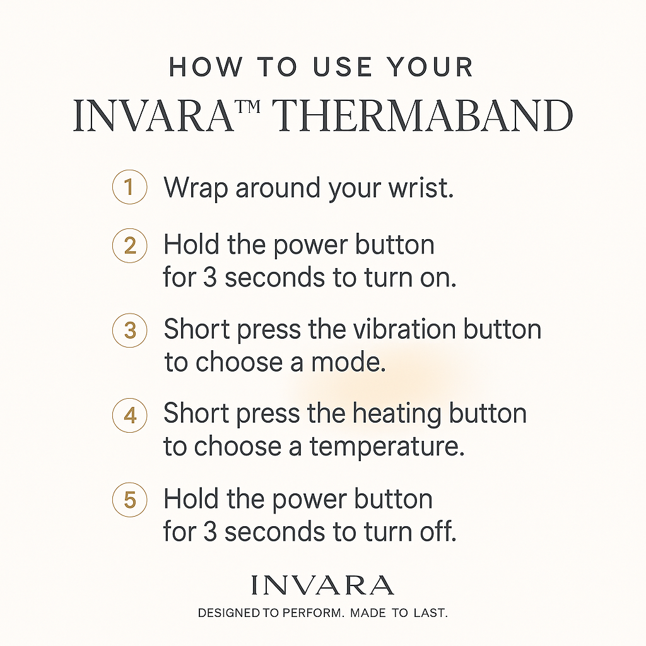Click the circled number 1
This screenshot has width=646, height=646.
tap(129, 187)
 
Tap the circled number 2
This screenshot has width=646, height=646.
tap(129, 245)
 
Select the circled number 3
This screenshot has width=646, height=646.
tap(129, 329)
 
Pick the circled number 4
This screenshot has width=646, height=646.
tap(129, 414)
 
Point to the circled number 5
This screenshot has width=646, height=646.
tap(129, 500)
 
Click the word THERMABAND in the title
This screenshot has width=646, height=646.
tap(425, 117)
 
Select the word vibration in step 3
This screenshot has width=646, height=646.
tap(389, 329)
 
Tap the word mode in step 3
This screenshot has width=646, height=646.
tap(353, 363)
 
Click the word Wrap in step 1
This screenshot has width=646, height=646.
tap(195, 188)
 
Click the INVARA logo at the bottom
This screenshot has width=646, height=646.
tap(322, 585)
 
